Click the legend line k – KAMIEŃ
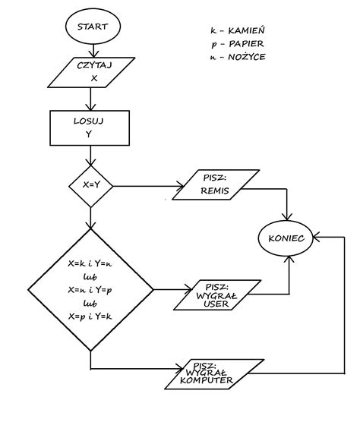238,30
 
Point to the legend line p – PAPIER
238,44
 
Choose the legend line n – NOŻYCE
238,57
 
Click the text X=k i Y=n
90,263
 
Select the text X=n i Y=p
90,290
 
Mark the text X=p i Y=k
90,316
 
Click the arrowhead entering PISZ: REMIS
180,186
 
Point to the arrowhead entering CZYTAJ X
93,53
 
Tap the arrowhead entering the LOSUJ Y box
90,106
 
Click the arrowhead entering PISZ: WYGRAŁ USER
188,290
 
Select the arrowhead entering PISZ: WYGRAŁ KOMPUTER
179,369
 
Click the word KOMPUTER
207,380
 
